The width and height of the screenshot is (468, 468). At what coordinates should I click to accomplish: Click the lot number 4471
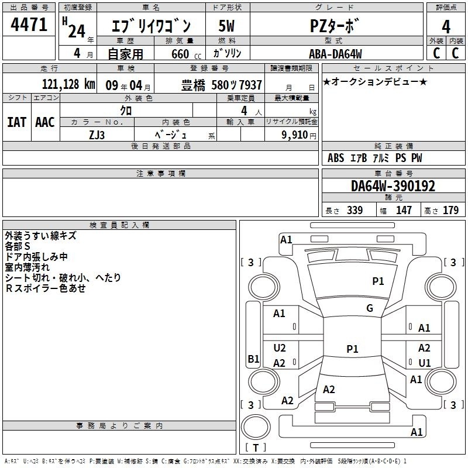(29, 25)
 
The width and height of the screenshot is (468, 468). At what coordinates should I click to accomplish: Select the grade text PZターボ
(333, 26)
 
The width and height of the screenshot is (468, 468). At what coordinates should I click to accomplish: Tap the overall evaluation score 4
(446, 27)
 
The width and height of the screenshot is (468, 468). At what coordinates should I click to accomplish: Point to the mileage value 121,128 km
(68, 84)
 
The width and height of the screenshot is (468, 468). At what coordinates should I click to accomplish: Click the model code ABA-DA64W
(335, 54)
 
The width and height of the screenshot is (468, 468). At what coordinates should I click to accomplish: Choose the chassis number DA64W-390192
(393, 186)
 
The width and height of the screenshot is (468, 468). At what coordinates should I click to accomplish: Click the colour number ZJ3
(97, 135)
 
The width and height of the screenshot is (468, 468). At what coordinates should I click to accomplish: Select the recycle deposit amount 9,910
(295, 135)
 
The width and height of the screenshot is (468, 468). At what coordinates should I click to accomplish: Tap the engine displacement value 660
(180, 54)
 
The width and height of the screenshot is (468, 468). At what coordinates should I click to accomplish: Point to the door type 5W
(226, 26)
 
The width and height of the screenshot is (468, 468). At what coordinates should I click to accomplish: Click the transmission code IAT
(16, 122)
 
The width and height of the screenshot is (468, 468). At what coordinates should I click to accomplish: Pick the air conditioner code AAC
(45, 122)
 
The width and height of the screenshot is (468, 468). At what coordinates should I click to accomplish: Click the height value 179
(450, 210)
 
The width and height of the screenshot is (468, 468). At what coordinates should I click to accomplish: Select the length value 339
(355, 210)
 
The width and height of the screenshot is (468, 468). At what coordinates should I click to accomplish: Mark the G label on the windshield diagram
(370, 308)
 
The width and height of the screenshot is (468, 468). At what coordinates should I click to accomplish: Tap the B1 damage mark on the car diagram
(253, 359)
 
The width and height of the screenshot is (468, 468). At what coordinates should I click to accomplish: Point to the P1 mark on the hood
(378, 281)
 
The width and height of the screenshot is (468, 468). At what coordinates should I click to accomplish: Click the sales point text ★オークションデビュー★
(375, 81)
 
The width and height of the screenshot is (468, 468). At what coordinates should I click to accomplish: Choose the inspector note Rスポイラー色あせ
(46, 288)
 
